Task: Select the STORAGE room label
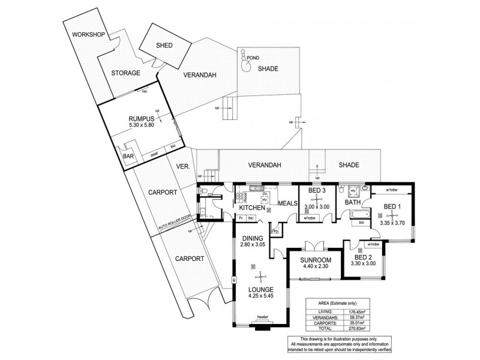(x=125, y=73)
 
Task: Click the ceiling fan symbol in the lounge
(x=260, y=276)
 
